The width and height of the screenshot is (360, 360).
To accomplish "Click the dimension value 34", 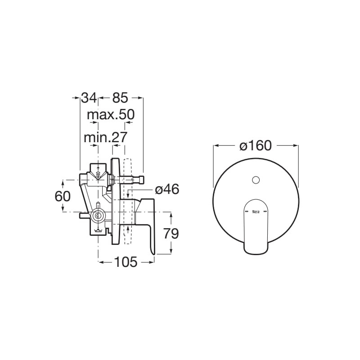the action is point(89,98).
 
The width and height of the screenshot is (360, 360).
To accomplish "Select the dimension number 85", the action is point(120,98).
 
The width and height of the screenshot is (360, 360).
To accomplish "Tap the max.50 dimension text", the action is point(111,115).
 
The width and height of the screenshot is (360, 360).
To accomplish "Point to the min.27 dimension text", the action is point(105,137).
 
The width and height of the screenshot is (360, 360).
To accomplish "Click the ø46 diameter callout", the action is point(167,189).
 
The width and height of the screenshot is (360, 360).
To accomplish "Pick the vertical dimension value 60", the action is point(63,197).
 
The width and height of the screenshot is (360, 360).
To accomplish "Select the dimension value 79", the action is point(171,234).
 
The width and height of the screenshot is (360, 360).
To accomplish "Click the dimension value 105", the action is point(126,262).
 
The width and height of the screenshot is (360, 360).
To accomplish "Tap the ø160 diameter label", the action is point(256,145).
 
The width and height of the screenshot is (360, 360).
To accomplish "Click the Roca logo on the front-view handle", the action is point(256,211).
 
